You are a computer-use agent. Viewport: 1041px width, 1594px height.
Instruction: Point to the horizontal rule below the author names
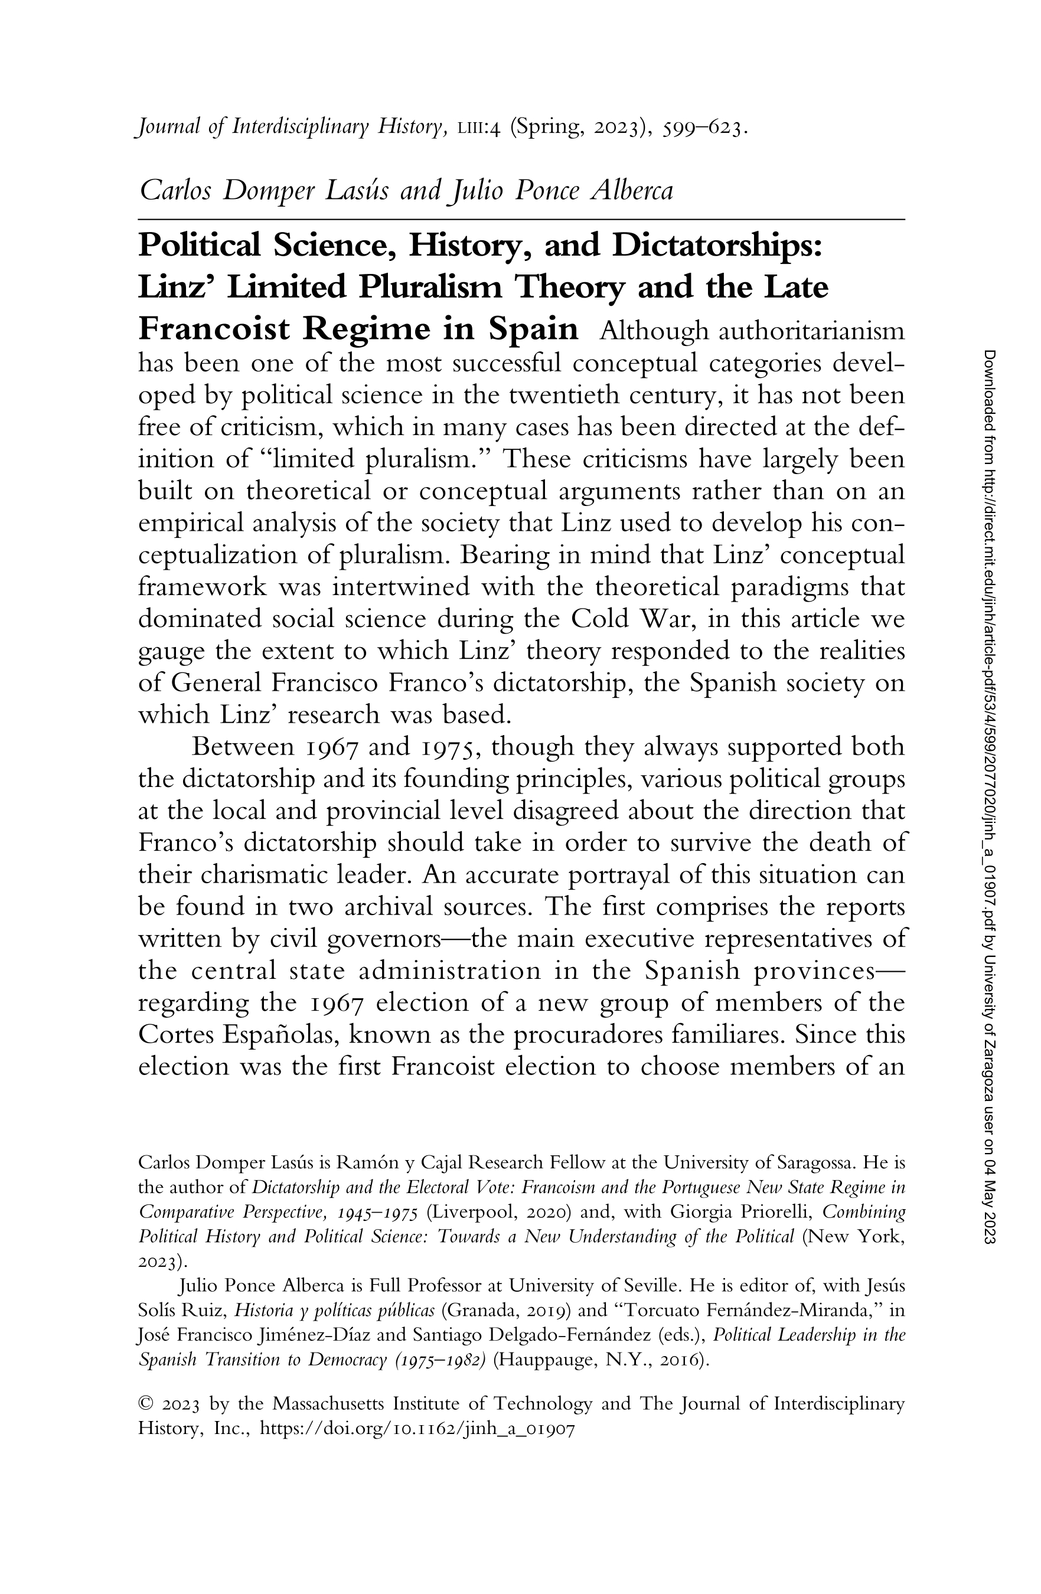click(521, 219)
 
